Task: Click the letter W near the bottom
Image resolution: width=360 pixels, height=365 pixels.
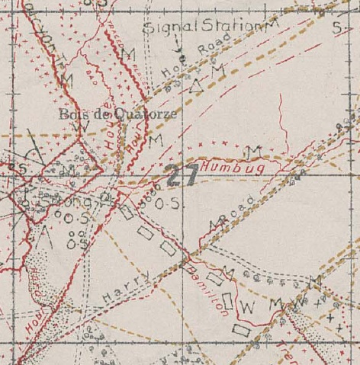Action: pyautogui.click(x=246, y=307)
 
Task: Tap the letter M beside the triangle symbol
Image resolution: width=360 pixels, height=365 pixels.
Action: pyautogui.click(x=217, y=70)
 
